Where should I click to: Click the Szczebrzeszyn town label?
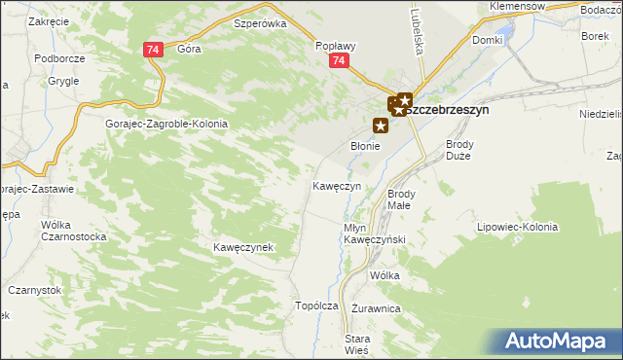(446, 111)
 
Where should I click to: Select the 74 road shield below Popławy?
(338, 61)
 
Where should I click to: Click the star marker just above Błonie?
(381, 125)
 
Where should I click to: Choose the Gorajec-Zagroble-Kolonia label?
(166, 125)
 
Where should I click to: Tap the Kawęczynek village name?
(242, 248)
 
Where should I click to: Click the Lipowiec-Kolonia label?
(517, 227)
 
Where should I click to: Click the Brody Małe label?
(400, 199)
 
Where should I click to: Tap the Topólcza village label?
(316, 306)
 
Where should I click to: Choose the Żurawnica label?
(377, 308)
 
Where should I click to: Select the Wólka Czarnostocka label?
(72, 231)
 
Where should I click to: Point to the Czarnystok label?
(34, 290)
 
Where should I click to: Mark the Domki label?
(487, 41)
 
